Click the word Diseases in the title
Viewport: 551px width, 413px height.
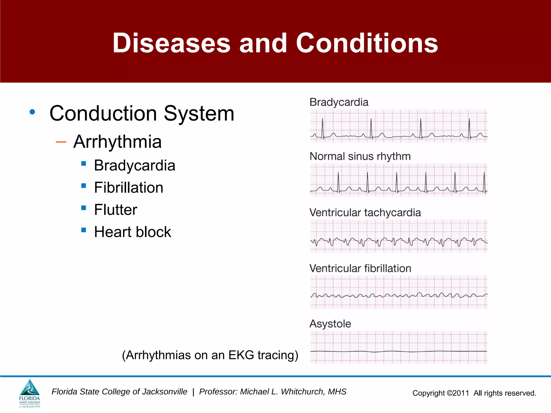171,43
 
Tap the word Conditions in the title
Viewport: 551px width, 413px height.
367,43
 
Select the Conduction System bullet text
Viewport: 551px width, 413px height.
142,113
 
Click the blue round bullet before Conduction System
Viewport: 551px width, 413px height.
32,112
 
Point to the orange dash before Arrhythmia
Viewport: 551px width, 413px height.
61,142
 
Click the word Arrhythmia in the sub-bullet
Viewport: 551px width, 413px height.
117,142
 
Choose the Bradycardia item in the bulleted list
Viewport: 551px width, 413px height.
135,165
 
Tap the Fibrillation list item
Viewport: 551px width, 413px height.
129,187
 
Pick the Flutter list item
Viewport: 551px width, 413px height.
116,210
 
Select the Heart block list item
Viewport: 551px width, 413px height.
133,232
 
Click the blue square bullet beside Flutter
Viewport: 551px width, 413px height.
84,208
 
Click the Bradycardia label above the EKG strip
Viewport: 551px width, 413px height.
339,102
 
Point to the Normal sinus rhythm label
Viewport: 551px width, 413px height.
360,156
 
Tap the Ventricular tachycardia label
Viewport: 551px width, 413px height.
365,213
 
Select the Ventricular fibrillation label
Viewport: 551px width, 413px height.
360,268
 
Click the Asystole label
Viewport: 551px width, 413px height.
330,324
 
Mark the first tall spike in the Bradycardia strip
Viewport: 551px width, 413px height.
322,128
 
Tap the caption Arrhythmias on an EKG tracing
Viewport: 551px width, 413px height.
210,355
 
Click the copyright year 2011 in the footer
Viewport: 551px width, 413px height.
461,393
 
